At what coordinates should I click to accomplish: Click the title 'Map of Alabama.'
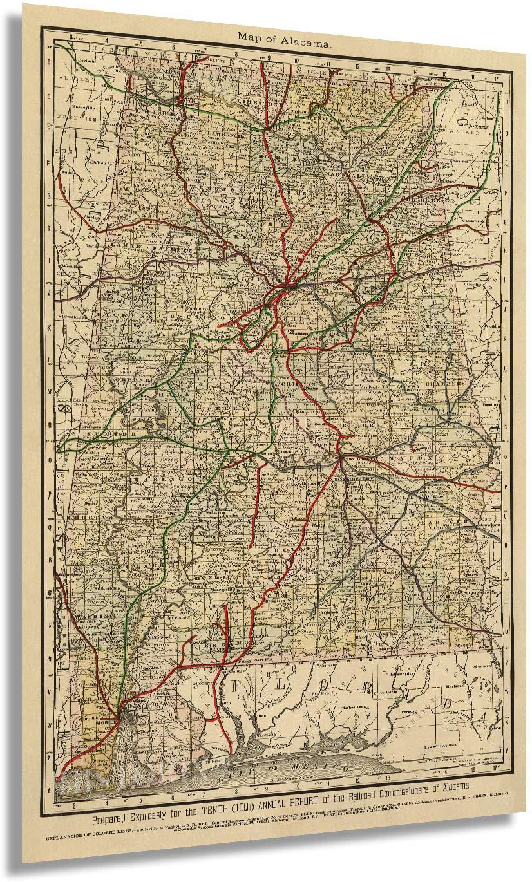click(285, 37)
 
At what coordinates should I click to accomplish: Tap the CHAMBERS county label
click(444, 382)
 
